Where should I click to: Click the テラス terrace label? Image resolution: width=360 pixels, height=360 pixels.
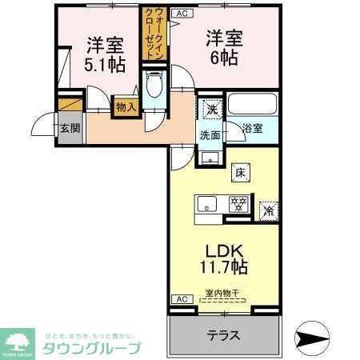pyautogui.click(x=225, y=334)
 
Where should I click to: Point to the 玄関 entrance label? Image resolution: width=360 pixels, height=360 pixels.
pyautogui.click(x=69, y=127)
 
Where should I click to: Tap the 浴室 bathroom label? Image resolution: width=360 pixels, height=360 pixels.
pyautogui.click(x=253, y=126)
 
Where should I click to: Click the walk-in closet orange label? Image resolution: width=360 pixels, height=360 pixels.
pyautogui.click(x=150, y=33)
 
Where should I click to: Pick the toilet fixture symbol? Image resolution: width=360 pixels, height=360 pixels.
pyautogui.click(x=154, y=84)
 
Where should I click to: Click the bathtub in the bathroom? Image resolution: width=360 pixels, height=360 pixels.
pyautogui.click(x=251, y=104)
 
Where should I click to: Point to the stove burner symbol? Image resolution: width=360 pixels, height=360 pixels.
pyautogui.click(x=237, y=203)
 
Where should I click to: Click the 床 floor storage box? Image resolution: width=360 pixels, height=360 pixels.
pyautogui.click(x=241, y=170)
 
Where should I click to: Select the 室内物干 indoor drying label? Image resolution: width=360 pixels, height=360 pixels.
pyautogui.click(x=222, y=295)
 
